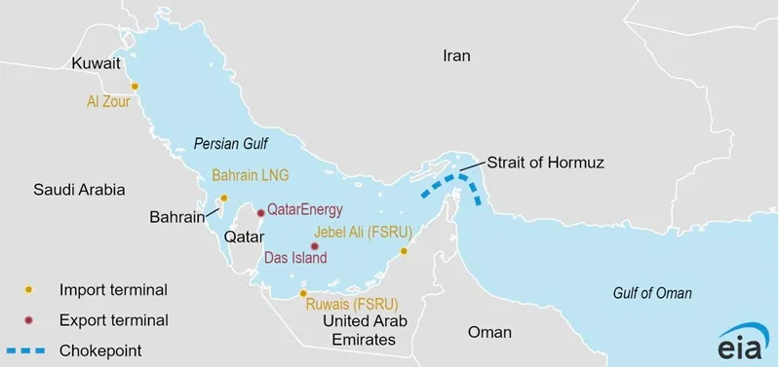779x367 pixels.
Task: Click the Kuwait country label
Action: tap(96, 63)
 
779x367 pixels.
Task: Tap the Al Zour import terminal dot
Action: tap(135, 86)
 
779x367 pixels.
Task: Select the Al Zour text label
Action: tap(108, 100)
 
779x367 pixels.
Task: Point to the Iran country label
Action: tap(456, 56)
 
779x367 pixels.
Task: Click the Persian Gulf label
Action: tap(232, 142)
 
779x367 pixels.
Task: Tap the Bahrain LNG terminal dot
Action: tap(223, 199)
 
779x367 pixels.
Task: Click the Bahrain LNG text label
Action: tap(252, 176)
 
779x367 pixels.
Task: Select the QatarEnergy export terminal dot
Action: tap(260, 212)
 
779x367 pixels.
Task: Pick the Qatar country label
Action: tap(244, 237)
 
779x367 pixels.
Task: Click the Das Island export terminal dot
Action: tap(314, 246)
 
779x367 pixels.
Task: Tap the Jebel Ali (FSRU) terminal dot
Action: tap(404, 250)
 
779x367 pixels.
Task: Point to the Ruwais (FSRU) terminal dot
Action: tap(303, 292)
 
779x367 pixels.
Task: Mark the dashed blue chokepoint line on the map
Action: tap(451, 180)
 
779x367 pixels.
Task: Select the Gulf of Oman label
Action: tap(652, 293)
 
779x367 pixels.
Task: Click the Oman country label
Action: tap(488, 331)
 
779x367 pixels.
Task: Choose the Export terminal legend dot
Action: tap(29, 319)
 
